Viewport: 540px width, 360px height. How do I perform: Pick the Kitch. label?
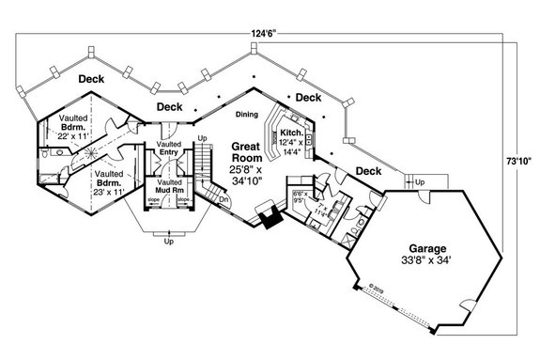coord(290,133)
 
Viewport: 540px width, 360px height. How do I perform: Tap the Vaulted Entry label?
coord(169,149)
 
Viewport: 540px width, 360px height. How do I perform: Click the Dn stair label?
coord(224,200)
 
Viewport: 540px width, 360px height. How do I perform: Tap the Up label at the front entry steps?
coord(169,243)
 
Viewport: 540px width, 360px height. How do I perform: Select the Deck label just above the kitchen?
coord(308,97)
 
